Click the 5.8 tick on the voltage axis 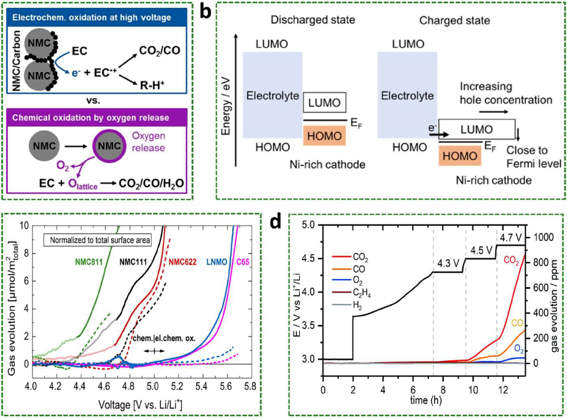pos(250,388)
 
